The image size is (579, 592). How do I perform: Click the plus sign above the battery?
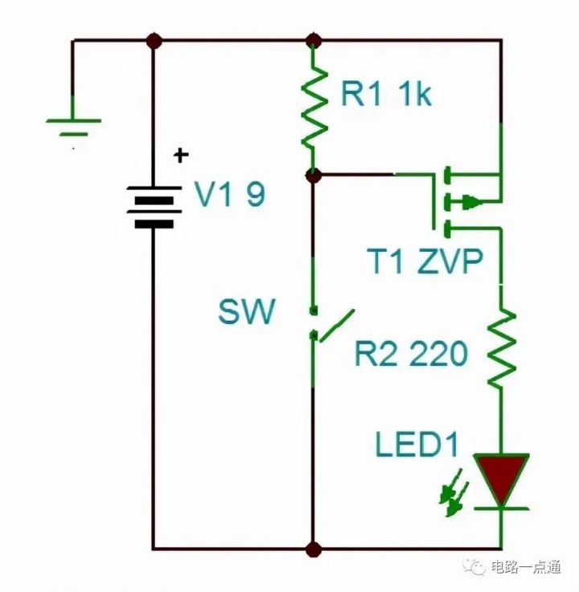(x=182, y=154)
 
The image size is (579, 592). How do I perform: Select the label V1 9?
(x=229, y=195)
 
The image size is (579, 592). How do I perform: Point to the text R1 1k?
(x=386, y=95)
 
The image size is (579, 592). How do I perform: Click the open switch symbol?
(x=330, y=326)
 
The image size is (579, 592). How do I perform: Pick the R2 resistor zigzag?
(x=501, y=346)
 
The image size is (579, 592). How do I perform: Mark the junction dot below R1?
(x=314, y=175)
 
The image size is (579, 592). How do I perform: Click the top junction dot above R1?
(x=314, y=39)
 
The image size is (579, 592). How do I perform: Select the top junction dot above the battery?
(x=153, y=39)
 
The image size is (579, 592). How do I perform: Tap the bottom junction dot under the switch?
(x=314, y=549)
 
